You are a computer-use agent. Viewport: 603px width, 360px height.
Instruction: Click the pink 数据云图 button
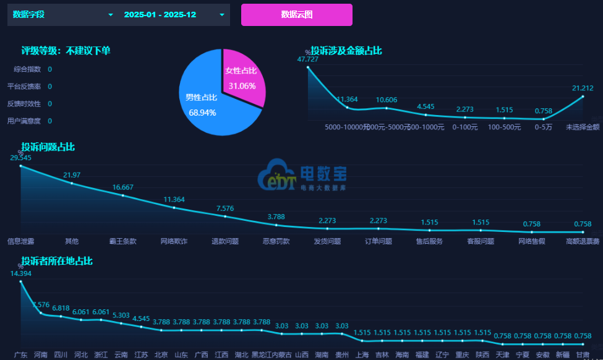coord(296,15)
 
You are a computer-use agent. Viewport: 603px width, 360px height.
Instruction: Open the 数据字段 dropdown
coord(62,15)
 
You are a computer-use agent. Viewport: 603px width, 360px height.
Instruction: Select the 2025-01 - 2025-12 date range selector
coord(174,15)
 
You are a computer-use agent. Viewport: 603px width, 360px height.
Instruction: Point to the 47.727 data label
coord(308,59)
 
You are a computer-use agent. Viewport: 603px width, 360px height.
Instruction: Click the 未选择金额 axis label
coord(583,127)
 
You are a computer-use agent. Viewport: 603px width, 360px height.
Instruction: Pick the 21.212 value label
coord(583,88)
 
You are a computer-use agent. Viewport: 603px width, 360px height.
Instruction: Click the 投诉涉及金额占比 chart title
coord(346,51)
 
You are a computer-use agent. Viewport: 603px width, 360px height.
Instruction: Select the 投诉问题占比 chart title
coord(48,147)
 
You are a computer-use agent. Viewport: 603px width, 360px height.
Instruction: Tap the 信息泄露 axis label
coord(20,241)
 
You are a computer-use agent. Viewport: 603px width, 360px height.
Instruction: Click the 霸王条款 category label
coord(123,241)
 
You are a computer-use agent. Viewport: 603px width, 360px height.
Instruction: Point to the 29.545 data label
coord(20,158)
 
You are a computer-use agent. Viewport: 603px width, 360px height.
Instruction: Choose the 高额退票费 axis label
coord(583,241)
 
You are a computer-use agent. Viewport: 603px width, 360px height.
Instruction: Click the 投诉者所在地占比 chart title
coord(57,261)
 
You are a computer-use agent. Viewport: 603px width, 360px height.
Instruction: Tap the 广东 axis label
coord(20,354)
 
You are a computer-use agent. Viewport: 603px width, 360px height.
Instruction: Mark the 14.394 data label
coord(20,273)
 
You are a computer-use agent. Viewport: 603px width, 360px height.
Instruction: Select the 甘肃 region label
coord(583,354)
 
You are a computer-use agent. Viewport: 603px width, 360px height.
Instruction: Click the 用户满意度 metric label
coord(24,121)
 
